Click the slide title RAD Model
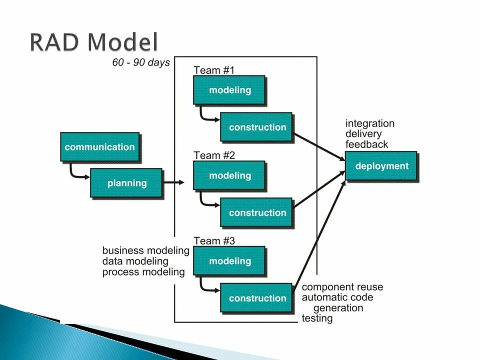coord(93,42)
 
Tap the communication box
coord(99,147)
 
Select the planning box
coord(126,183)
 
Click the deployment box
coord(381,166)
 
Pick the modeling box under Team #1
coord(229,90)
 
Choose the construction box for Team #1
coord(257,127)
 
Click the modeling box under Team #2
coord(229,175)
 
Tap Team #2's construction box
coord(257,212)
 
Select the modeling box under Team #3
coord(229,261)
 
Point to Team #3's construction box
coord(257,298)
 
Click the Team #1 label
coord(214,70)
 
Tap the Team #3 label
coord(214,240)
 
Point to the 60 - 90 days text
coord(141,63)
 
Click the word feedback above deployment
coord(366,144)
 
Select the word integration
coord(369,123)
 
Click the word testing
coord(317,318)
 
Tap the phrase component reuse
coord(342,287)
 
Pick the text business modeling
coord(145,250)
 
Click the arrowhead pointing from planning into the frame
coord(181,183)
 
